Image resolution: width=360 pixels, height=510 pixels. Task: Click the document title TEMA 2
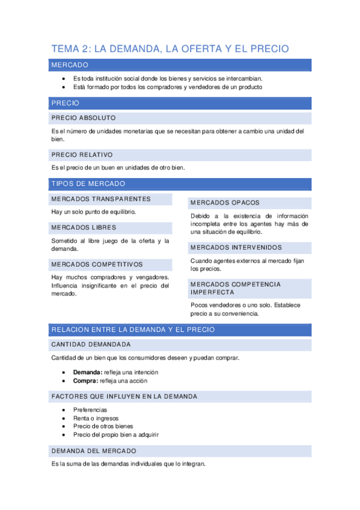point(170,49)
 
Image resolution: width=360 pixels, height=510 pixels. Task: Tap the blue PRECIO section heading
point(66,103)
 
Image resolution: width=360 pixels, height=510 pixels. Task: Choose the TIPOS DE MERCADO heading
point(88,183)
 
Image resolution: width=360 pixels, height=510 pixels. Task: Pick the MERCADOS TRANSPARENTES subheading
point(101,199)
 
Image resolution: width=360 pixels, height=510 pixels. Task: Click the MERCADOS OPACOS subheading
point(225,203)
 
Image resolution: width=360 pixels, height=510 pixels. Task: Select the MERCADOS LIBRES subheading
point(84,227)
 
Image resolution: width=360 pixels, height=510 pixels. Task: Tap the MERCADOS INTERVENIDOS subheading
point(236,247)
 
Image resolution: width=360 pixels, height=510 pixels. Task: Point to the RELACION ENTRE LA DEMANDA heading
point(133,330)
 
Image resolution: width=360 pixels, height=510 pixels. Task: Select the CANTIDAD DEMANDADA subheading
point(91,345)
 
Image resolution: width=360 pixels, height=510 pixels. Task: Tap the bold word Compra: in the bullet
point(85,381)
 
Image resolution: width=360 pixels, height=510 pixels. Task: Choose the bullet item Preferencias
point(90,410)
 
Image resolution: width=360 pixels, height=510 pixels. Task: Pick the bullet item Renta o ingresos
point(96,418)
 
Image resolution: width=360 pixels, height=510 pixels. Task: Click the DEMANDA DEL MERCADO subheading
point(94,450)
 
